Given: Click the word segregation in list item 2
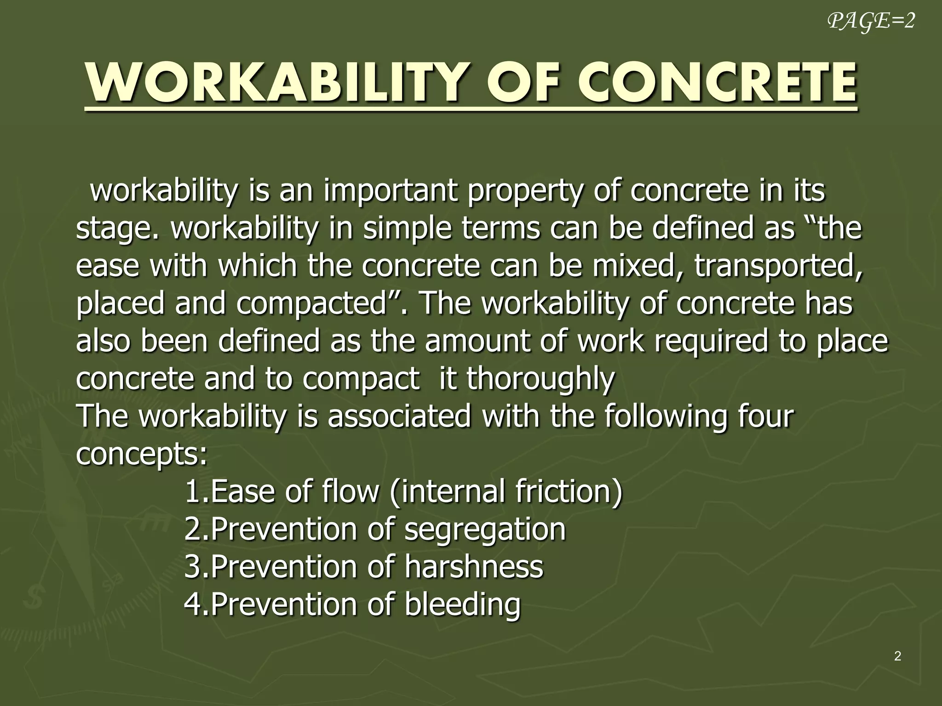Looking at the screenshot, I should pos(485,529).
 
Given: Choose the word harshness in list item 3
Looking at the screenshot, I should pos(474,566).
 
